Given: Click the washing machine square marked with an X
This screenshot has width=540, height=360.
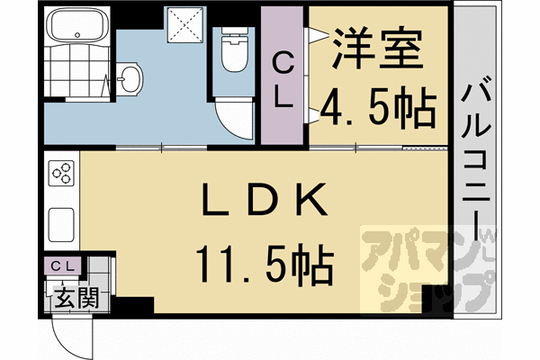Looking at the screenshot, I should pyautogui.click(x=187, y=24).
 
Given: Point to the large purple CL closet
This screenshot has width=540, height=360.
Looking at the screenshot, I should pyautogui.click(x=283, y=76).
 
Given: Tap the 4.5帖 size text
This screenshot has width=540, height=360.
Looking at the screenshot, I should pyautogui.click(x=378, y=107).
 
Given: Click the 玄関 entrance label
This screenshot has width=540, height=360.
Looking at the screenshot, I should pyautogui.click(x=68, y=293).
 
